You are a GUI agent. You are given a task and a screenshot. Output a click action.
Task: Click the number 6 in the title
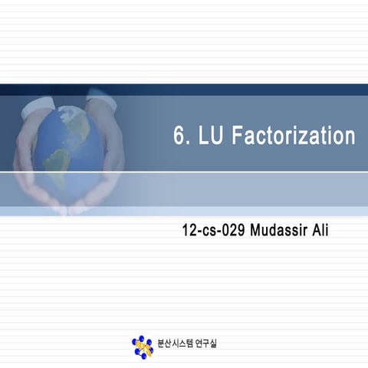[x=179, y=136]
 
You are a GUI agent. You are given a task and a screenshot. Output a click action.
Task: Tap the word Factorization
[x=294, y=136]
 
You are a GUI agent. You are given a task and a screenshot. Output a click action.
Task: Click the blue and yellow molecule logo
[x=142, y=346]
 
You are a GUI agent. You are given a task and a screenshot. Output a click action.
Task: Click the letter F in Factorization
[x=237, y=136]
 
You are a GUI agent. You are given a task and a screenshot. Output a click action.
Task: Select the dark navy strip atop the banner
[x=184, y=89]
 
